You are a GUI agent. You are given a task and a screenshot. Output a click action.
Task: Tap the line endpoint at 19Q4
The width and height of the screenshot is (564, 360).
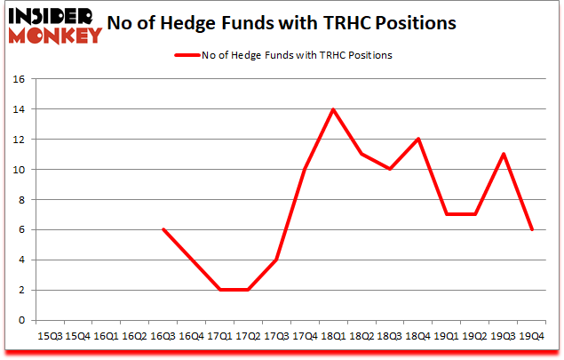click(x=531, y=229)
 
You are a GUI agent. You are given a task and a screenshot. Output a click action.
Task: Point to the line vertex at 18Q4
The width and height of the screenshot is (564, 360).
click(x=418, y=140)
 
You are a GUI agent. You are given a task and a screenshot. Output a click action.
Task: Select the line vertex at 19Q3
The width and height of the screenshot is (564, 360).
click(x=504, y=155)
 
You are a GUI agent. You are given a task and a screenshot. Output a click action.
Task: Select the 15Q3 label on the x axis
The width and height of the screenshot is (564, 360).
click(x=50, y=336)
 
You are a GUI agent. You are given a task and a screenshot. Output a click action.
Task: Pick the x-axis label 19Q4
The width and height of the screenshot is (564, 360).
click(x=531, y=336)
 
